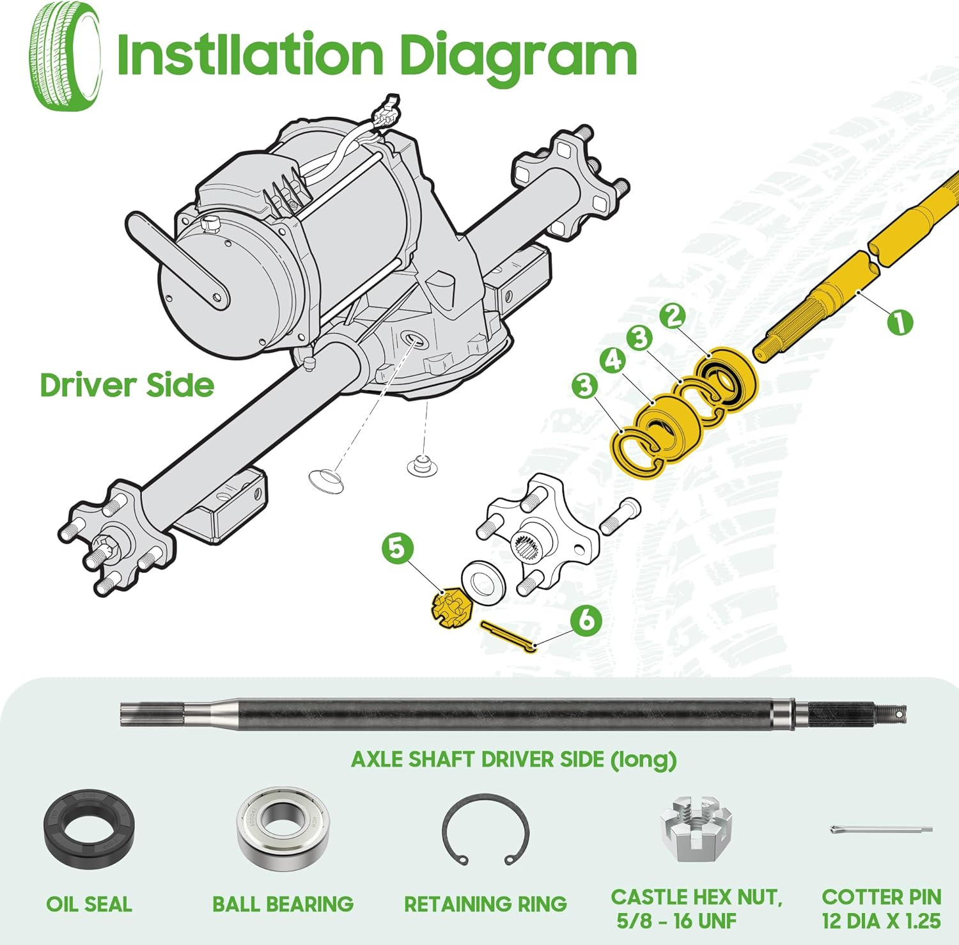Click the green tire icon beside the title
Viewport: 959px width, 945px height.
[65, 56]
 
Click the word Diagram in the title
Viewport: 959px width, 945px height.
[518, 56]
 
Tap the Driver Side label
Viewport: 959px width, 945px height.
[127, 386]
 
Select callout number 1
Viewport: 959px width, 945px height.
[900, 322]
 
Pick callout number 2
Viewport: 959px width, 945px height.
[673, 316]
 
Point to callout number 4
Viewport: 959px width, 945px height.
[612, 360]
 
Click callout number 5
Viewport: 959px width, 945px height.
[397, 549]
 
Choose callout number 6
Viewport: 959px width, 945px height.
[586, 620]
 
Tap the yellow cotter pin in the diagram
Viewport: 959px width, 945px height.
[509, 637]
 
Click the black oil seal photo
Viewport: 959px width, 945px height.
[90, 829]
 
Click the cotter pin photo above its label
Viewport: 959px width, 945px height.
[881, 830]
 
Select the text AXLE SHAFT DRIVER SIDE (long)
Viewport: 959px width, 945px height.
[513, 760]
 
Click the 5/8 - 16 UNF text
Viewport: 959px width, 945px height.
[676, 921]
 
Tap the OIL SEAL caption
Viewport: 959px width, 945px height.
[90, 904]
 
